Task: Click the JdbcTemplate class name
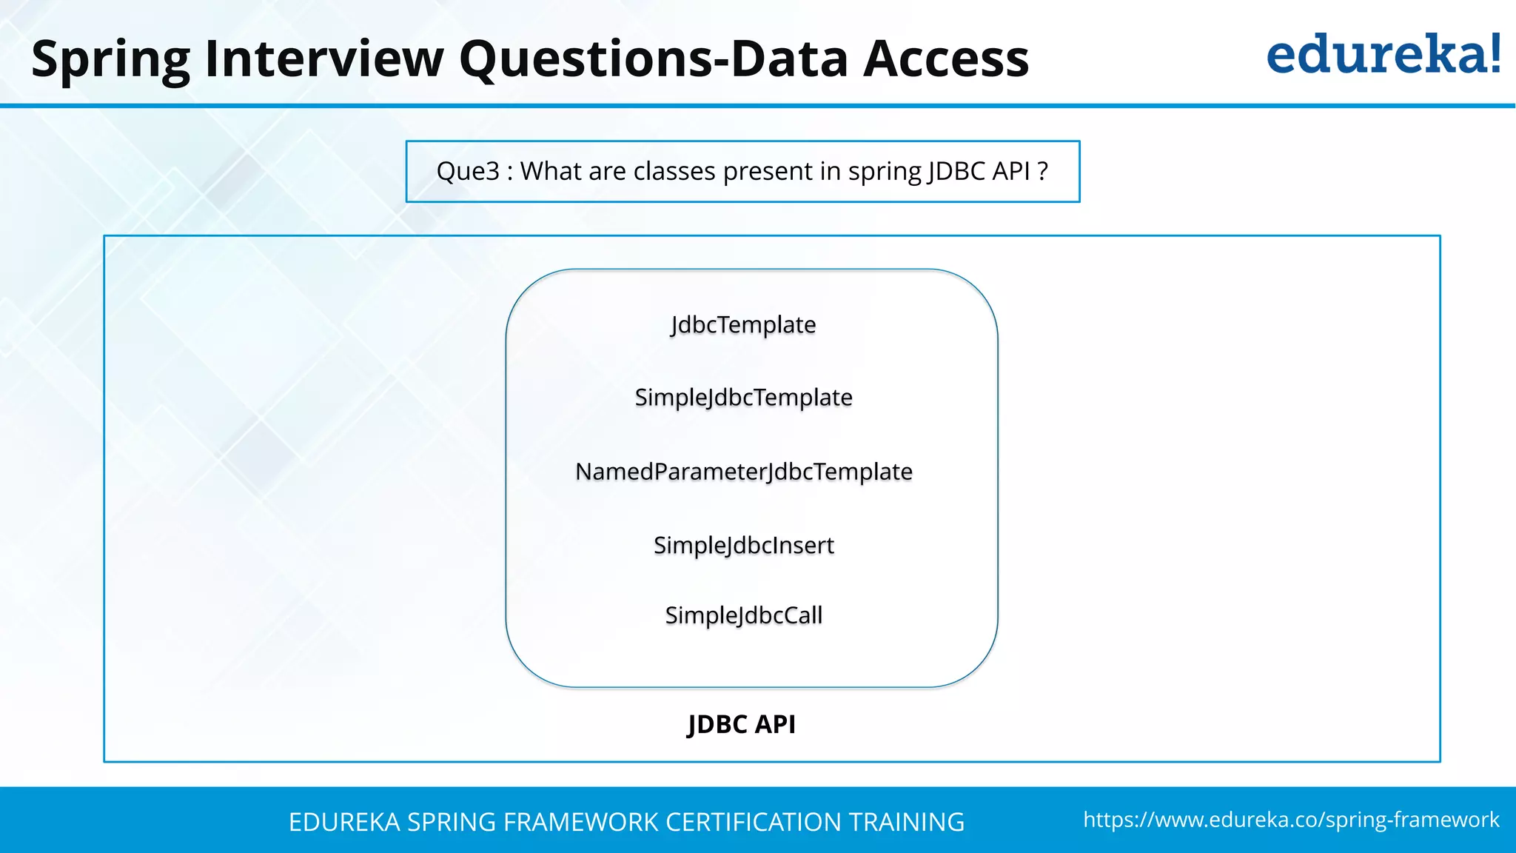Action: coord(743,325)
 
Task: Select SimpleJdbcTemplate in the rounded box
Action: coord(743,398)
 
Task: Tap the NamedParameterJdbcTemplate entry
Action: coord(743,472)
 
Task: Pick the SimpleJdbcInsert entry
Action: coord(743,546)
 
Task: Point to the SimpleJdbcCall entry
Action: coord(743,615)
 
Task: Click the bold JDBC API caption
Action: coord(742,724)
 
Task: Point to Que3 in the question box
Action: coord(468,171)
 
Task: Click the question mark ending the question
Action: coord(1043,171)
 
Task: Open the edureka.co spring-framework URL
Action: coord(1291,820)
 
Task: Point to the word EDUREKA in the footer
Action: coord(344,823)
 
